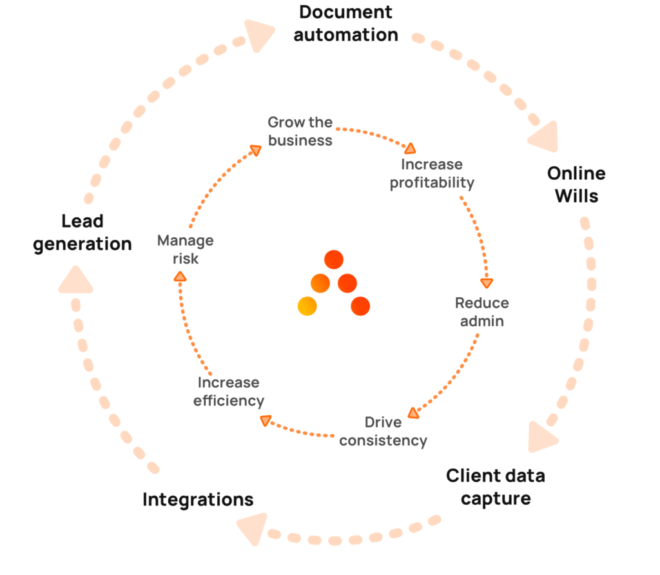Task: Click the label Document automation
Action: point(346,23)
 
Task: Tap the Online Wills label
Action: point(576,184)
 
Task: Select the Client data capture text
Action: point(496,487)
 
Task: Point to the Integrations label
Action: point(198,499)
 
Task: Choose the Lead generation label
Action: point(82,233)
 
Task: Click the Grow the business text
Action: point(300,131)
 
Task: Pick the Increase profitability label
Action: point(432,174)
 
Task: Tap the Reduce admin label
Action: point(481,311)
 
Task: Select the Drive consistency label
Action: point(383,432)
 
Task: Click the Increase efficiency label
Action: point(229,391)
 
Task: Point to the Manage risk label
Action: point(186,249)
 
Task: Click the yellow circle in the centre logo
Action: point(307,306)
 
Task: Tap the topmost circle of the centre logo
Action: point(334,260)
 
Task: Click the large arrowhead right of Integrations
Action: point(253,528)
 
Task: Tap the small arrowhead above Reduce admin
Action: point(487,282)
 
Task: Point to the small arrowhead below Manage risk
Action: point(180,277)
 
